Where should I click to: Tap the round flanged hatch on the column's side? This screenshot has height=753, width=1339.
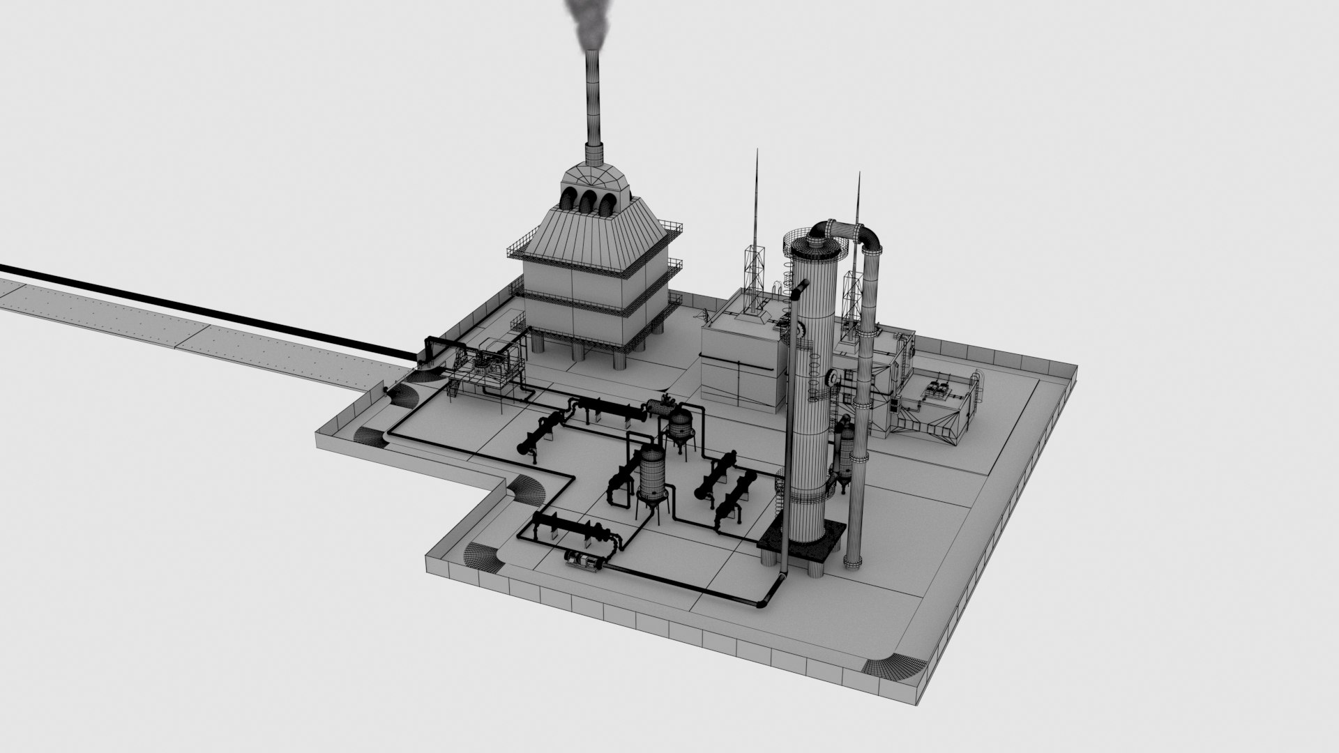pyautogui.click(x=831, y=377)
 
